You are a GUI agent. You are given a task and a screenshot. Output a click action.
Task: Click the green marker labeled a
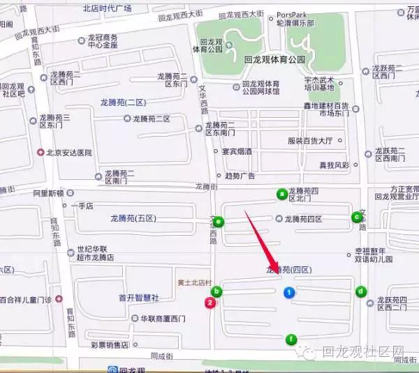(x=282, y=194)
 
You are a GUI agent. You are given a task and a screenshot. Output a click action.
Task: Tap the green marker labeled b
(x=217, y=291)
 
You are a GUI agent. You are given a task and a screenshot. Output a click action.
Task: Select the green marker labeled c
(x=357, y=216)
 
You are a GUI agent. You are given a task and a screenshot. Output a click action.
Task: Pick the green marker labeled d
(x=361, y=291)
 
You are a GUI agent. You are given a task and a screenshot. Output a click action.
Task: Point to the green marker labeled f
(x=292, y=340)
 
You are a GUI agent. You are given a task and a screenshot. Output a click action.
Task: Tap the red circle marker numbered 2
(x=208, y=302)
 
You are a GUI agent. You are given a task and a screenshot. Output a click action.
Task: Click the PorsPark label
(x=293, y=14)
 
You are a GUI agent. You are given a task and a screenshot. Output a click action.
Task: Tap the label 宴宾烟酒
(x=237, y=151)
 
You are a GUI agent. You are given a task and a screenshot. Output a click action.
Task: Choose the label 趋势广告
(x=241, y=175)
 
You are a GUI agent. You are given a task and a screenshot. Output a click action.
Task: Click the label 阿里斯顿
(x=47, y=193)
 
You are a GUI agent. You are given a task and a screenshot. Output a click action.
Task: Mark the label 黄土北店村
(x=193, y=282)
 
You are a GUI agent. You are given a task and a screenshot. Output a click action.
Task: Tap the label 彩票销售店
(x=110, y=344)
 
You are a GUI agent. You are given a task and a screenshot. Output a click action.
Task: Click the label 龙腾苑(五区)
(x=133, y=219)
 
